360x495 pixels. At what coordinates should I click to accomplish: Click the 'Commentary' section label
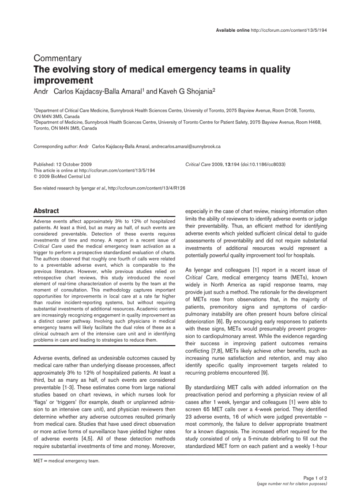tap(58, 59)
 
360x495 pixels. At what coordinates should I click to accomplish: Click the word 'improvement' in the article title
tap(64, 80)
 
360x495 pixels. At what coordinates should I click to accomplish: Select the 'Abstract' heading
tap(46, 211)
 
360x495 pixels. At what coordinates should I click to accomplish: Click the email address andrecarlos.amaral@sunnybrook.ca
tap(186, 146)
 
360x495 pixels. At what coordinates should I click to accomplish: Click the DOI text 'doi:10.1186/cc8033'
tap(263, 164)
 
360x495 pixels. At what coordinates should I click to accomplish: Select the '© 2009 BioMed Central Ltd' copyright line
tap(62, 176)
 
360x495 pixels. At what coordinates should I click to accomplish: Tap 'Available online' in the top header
tap(232, 30)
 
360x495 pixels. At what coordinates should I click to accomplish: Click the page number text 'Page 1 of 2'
tap(315, 478)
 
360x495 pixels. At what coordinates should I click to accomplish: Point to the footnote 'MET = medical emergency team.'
tap(67, 461)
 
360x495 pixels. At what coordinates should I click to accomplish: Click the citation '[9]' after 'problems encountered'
tap(264, 373)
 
